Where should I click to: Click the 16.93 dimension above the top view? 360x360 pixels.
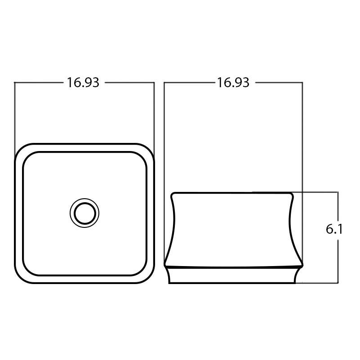coord(83,83)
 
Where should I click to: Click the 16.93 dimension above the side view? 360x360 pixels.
coord(233,83)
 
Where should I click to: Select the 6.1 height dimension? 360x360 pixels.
coord(334,229)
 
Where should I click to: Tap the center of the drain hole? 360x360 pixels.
coord(84,213)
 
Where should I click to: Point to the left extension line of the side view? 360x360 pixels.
coord(164,135)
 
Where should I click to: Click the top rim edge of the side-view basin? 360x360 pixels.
coord(233,193)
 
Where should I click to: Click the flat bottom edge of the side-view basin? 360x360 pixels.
coord(233,283)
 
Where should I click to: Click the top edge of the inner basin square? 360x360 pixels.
coord(84,153)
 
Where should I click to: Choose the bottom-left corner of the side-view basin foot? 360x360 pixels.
coord(170,282)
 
